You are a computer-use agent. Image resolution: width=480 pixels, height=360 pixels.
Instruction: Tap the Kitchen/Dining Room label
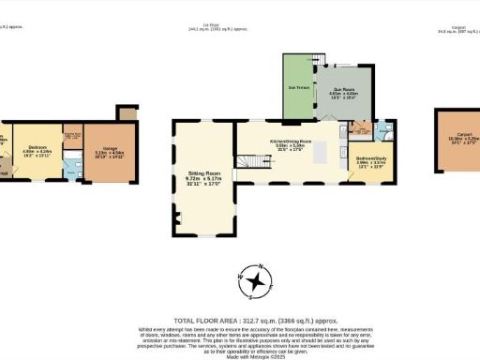pos(291,141)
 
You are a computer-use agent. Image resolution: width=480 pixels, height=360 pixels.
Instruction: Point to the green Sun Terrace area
pos(299,88)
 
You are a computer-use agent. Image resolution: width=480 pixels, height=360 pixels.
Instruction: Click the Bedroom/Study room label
pos(369,159)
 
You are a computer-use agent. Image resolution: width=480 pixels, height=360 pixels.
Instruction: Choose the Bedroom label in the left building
pos(37,147)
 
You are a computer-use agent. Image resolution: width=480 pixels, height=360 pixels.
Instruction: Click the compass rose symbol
pos(255,278)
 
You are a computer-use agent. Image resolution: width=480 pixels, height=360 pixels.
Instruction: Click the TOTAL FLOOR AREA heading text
pos(239,319)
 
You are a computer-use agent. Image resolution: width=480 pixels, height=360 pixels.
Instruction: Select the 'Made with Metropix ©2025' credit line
pos(240,352)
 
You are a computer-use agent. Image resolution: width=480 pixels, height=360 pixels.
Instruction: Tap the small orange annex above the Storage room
pos(126,113)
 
